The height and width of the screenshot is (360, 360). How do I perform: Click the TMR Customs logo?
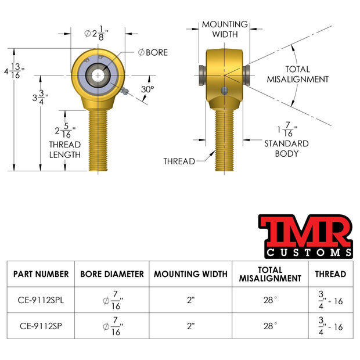point(306,236)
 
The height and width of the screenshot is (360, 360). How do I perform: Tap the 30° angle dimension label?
point(147,89)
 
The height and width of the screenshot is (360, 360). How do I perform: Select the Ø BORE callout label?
point(153,53)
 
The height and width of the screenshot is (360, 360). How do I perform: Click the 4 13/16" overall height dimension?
point(15,71)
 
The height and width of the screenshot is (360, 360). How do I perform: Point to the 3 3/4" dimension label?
point(41,98)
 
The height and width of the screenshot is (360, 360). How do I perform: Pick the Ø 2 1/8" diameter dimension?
point(96,33)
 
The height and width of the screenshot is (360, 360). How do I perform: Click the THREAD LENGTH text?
point(65,150)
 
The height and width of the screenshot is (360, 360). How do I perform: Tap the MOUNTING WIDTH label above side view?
point(225,29)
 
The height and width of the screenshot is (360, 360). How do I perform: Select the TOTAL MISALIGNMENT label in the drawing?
point(297,74)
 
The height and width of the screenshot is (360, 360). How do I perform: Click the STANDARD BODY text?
point(286,149)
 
